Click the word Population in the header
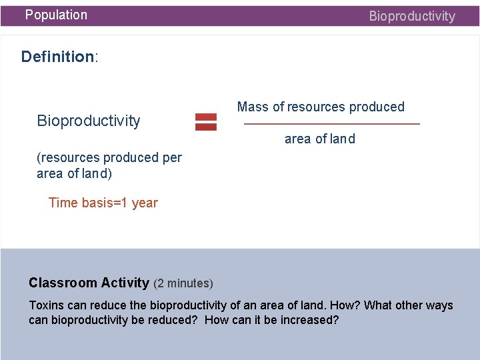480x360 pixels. point(56,15)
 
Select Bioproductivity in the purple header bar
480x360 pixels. point(412,16)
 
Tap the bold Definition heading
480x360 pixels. point(59,57)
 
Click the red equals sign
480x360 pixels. point(205,121)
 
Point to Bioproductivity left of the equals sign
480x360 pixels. point(89,121)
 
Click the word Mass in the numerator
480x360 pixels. point(253,107)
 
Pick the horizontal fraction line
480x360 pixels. point(332,124)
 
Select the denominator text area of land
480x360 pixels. point(320,139)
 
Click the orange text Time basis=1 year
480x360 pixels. point(103,203)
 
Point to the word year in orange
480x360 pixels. point(145,203)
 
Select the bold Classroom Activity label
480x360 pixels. point(89,283)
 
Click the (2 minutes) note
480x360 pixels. point(183,283)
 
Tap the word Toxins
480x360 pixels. point(47,305)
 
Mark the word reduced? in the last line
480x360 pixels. point(175,320)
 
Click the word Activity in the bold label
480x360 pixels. point(125,283)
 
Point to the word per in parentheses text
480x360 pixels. point(171,158)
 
